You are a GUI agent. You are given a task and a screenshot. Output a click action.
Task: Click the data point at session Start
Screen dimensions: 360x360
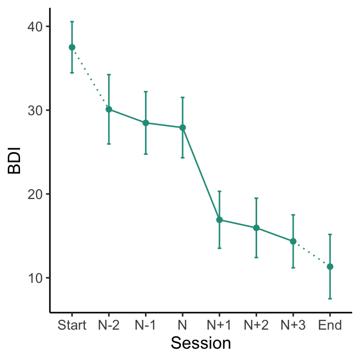(x=72, y=47)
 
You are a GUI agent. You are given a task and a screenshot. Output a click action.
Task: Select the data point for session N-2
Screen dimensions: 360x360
(x=109, y=109)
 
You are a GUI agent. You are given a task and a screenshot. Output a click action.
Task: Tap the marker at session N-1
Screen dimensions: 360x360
(x=146, y=123)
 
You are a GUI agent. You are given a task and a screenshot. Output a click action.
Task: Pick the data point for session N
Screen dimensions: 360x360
(x=183, y=128)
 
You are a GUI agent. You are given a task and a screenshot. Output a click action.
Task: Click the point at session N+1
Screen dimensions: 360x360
(x=219, y=220)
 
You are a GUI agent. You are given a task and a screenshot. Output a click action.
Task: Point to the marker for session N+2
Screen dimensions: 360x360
(x=256, y=228)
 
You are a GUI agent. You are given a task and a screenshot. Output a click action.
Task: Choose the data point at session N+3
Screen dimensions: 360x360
(x=293, y=241)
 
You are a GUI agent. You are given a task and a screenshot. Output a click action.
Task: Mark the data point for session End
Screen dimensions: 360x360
(x=330, y=266)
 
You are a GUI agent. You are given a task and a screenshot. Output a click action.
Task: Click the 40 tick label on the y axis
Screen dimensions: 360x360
(x=34, y=26)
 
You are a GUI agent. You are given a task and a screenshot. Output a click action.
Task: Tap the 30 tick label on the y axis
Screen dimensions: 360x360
(x=34, y=110)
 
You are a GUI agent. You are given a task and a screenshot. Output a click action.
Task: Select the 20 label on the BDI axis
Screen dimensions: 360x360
(x=34, y=194)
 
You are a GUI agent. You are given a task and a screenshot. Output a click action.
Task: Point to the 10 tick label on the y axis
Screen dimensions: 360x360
(x=34, y=278)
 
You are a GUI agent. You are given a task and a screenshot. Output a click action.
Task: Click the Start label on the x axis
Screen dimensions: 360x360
(x=72, y=326)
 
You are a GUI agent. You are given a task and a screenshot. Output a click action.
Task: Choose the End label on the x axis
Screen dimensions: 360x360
(x=330, y=326)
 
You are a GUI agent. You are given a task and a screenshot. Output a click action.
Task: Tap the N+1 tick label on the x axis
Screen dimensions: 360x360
(x=219, y=326)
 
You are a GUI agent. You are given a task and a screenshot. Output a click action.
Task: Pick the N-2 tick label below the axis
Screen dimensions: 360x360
(x=109, y=326)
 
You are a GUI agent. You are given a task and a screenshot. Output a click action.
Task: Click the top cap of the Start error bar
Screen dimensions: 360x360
(x=72, y=22)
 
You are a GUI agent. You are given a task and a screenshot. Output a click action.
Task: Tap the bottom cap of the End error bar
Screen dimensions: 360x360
(x=330, y=298)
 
